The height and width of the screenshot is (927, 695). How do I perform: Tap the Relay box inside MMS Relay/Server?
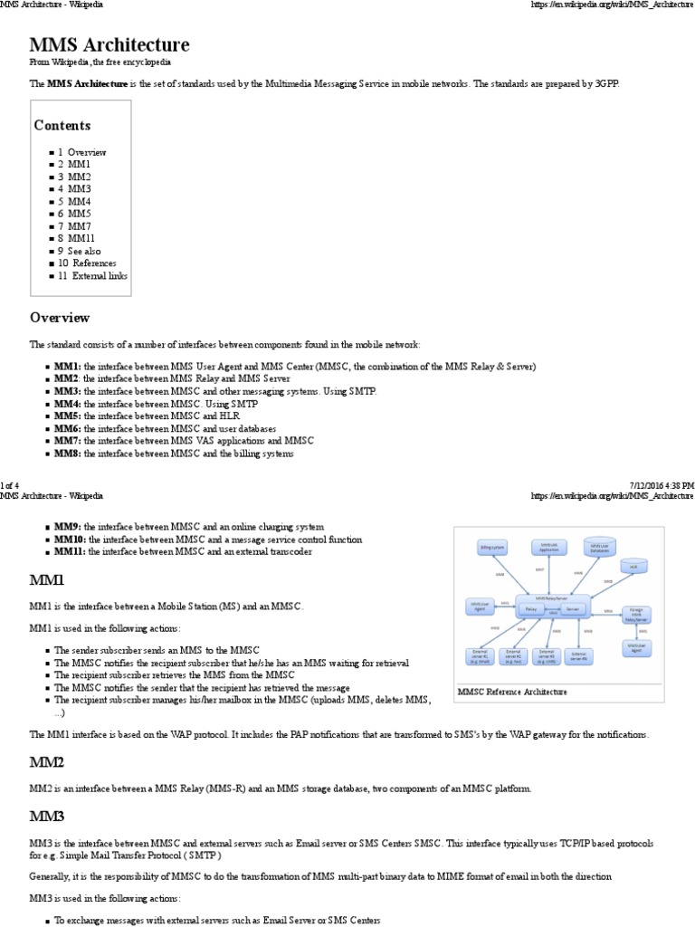(530, 610)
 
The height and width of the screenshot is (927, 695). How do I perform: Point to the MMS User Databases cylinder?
(601, 547)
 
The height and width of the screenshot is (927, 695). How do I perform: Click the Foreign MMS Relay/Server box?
(636, 615)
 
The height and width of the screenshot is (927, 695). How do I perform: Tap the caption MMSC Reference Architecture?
(512, 692)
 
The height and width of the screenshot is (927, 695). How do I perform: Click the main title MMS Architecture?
(109, 45)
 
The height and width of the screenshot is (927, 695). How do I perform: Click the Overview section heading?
(60, 318)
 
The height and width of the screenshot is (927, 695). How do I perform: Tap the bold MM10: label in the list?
(71, 539)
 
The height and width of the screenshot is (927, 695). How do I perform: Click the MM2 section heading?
(47, 763)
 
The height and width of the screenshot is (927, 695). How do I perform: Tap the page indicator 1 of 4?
(15, 486)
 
